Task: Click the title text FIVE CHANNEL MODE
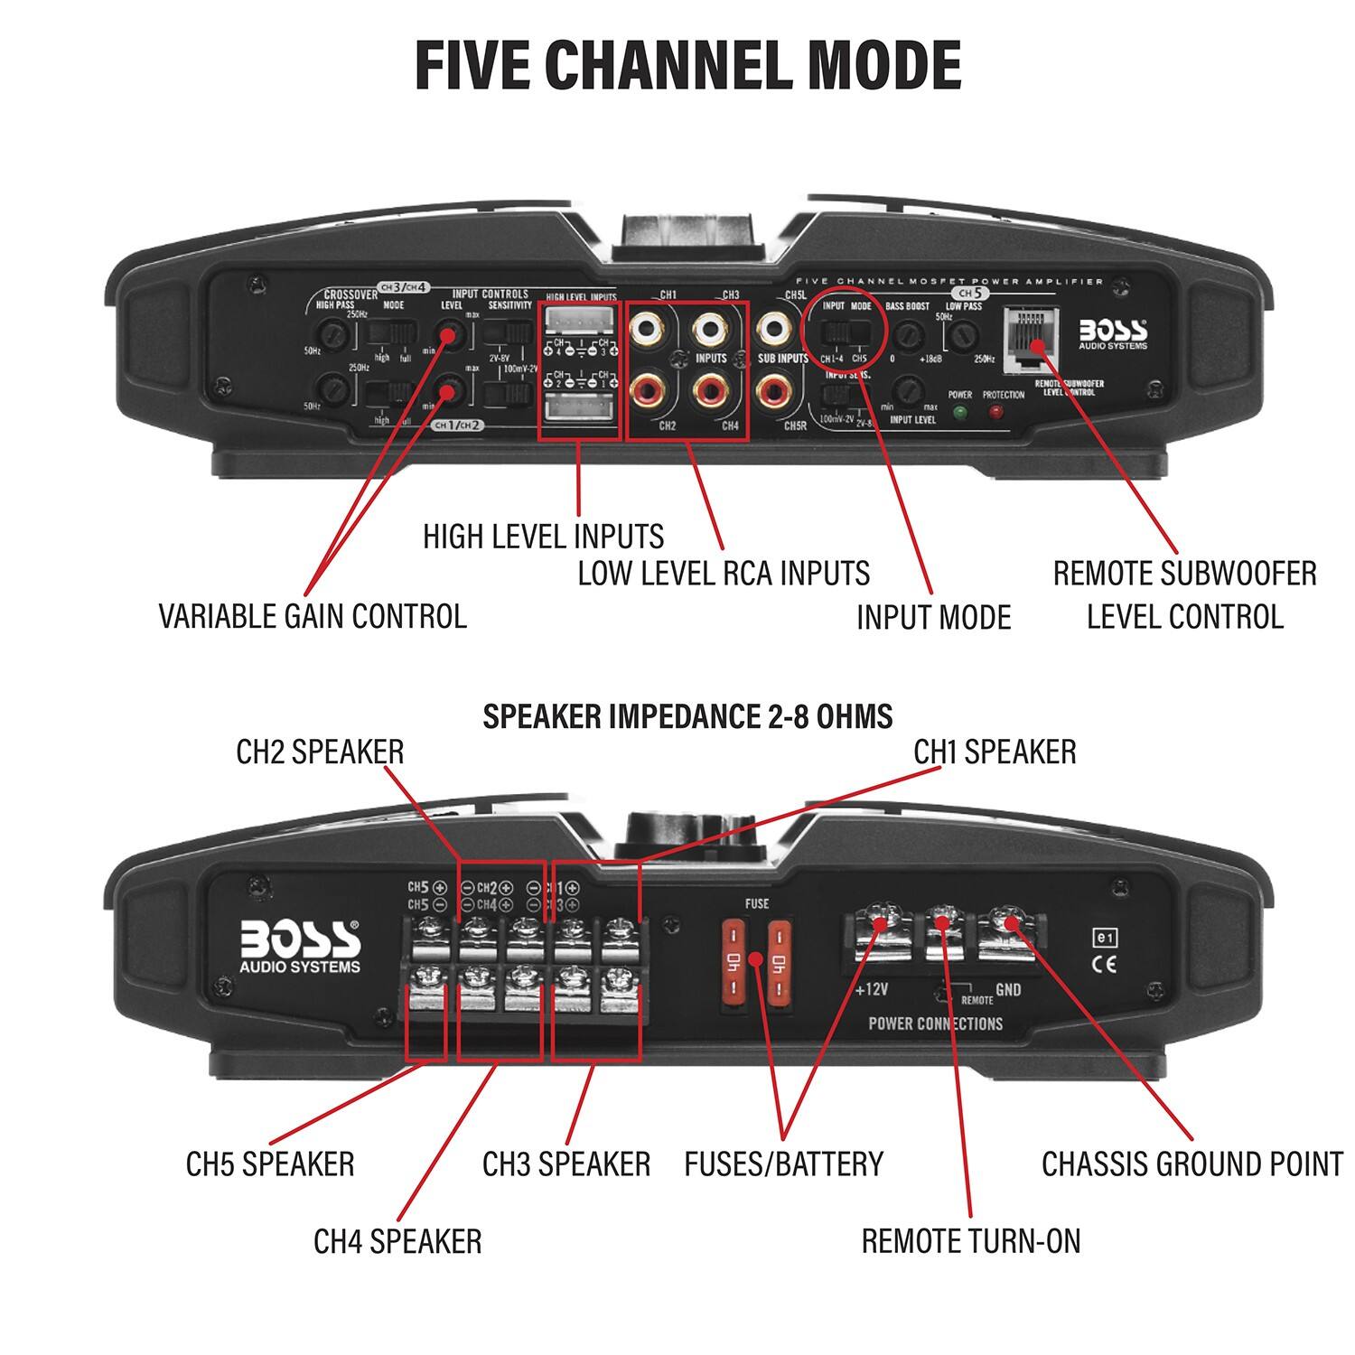click(687, 65)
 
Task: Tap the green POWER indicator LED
click(958, 413)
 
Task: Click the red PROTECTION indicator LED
click(996, 413)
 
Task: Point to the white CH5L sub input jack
click(774, 329)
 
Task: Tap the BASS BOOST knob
click(906, 338)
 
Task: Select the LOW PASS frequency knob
click(963, 337)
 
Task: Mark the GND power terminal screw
click(1010, 923)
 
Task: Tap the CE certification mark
click(1105, 963)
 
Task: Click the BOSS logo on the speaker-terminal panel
click(300, 946)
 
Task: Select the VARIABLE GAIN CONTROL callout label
click(313, 616)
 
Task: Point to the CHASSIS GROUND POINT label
click(1191, 1163)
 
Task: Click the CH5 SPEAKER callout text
click(270, 1163)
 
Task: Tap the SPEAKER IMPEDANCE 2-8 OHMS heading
click(687, 716)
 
